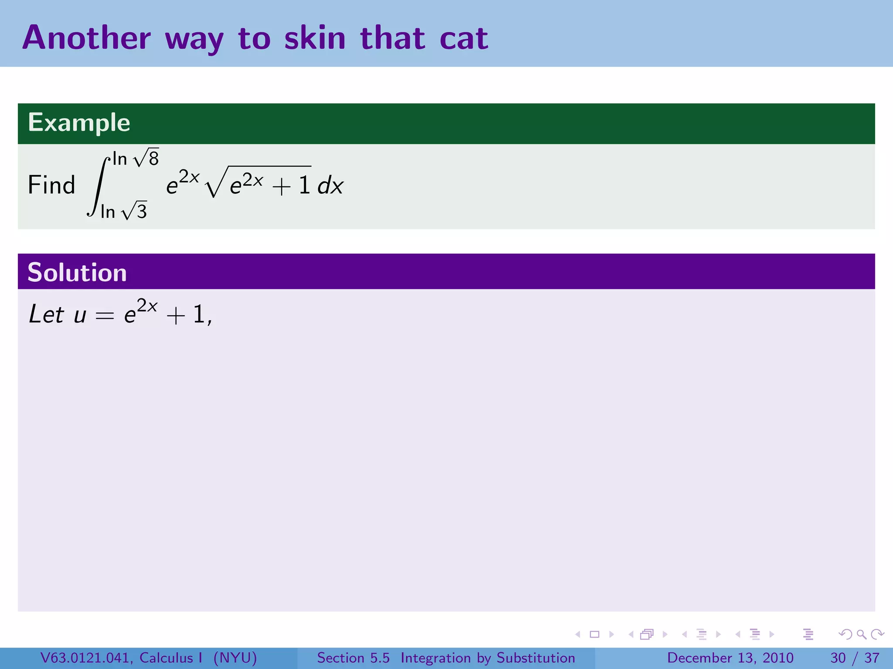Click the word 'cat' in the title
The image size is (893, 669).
point(464,38)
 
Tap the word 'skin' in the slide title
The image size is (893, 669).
point(315,38)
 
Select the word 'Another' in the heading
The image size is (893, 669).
point(86,38)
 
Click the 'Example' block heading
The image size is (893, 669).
point(79,122)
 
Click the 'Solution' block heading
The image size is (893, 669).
point(77,273)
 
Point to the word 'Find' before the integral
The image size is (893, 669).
point(51,185)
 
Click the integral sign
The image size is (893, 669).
point(99,186)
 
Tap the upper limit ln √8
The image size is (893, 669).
point(136,158)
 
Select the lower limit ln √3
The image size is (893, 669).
point(123,211)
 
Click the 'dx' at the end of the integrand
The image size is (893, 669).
point(331,186)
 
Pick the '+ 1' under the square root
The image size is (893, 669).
point(291,186)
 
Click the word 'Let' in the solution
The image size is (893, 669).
point(46,314)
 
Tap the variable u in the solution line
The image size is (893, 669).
point(80,316)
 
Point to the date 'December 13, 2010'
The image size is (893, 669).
point(730,658)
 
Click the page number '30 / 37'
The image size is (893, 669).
point(855,658)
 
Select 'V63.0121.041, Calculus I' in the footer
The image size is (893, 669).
point(121,658)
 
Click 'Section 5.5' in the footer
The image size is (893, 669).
point(353,658)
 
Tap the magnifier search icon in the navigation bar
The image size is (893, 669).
point(861,634)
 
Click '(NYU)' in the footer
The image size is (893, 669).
point(235,658)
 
